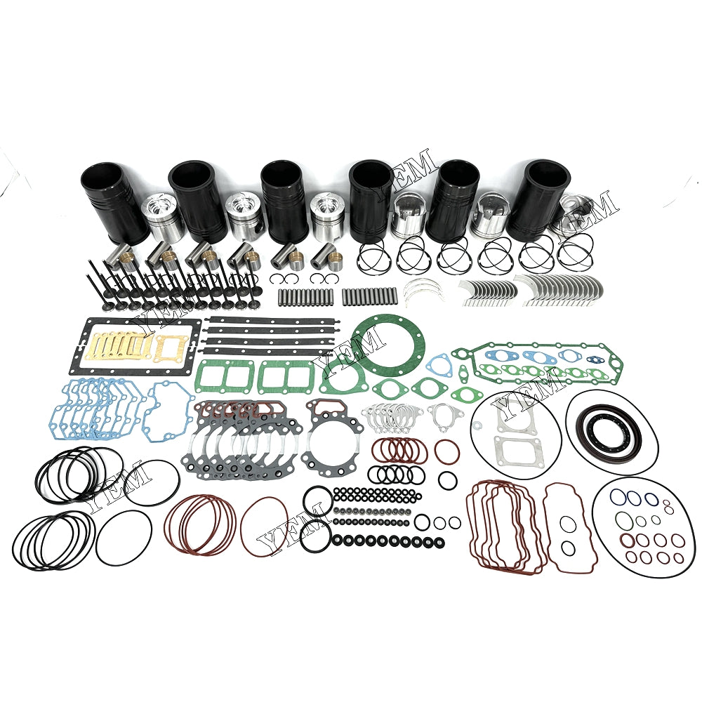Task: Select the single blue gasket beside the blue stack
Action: (168, 413)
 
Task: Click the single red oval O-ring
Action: (264, 524)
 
